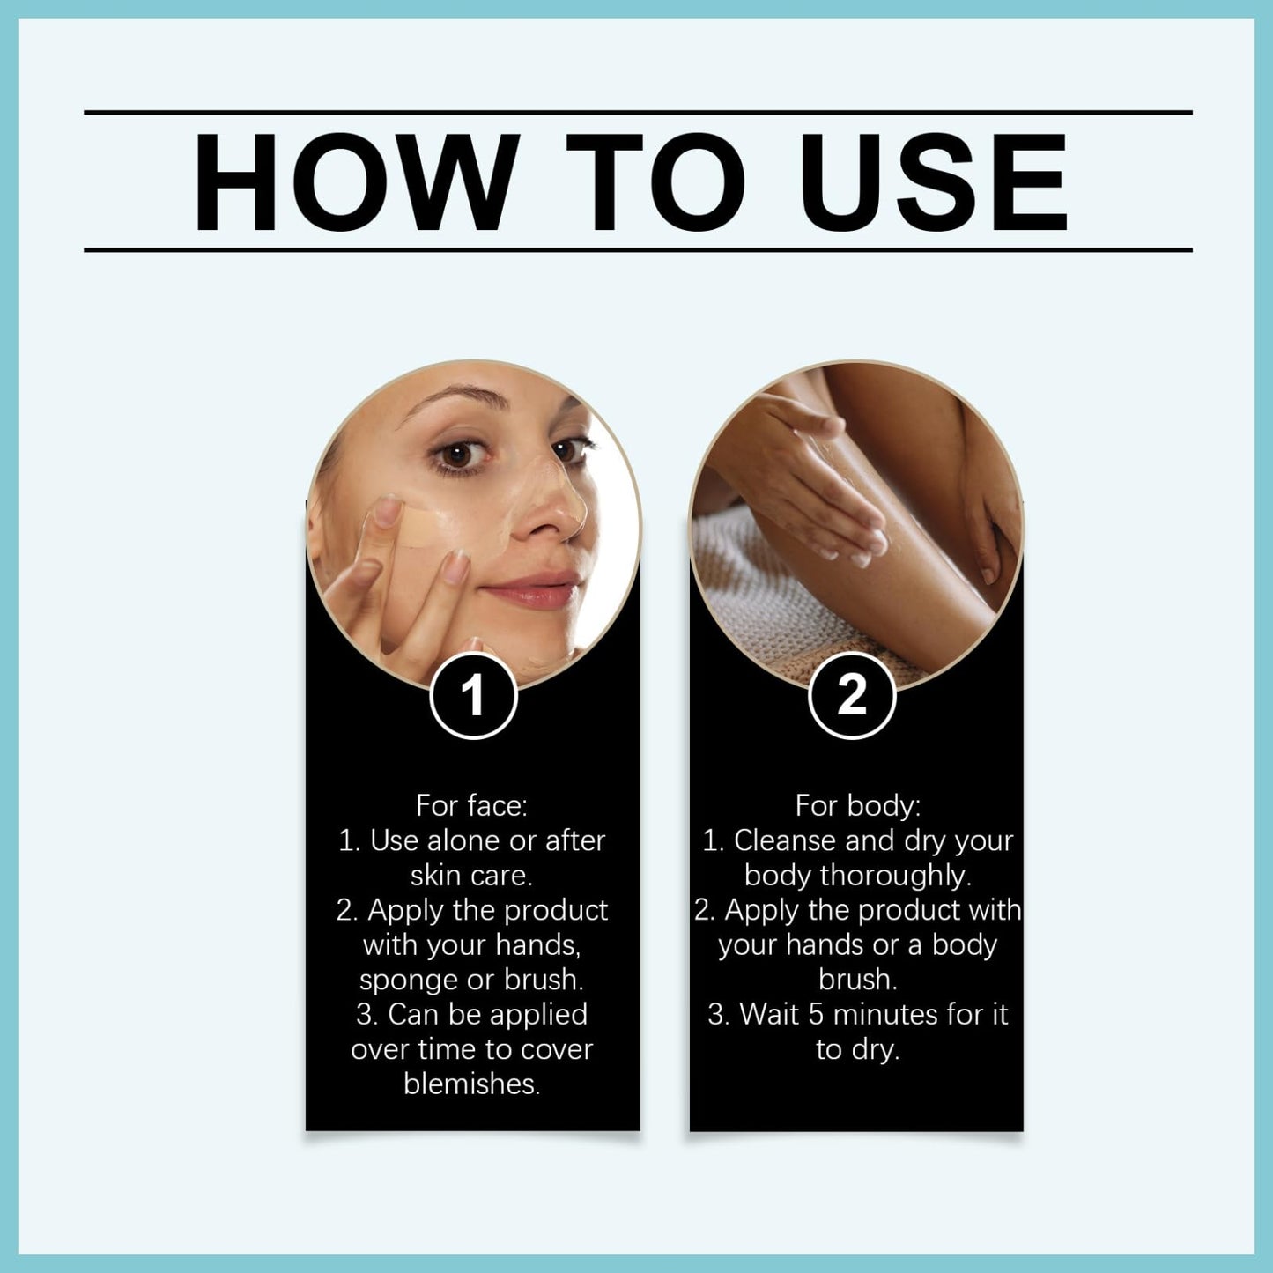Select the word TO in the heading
coord(656,182)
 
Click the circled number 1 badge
coord(473,696)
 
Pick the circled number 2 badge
coord(852,696)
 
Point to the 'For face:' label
coord(471,805)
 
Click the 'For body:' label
coord(857,805)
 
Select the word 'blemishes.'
coord(472,1084)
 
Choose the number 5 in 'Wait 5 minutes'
coord(816,1015)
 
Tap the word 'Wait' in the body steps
coord(769,1015)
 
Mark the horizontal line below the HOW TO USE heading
coord(638,250)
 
